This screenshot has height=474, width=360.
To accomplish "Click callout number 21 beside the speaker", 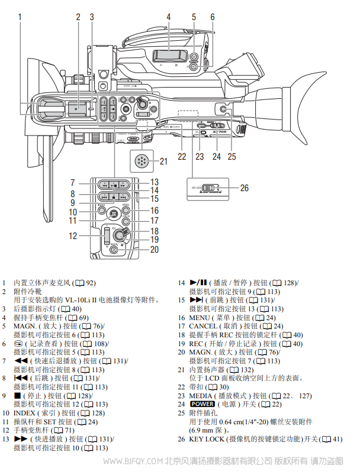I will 163,160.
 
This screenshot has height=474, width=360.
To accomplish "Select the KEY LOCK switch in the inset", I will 209,189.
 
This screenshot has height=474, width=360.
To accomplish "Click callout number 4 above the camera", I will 168,17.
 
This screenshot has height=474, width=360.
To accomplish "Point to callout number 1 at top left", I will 20,17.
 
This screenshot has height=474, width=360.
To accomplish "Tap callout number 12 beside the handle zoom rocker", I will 73,236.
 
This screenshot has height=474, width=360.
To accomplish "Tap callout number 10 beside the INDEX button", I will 73,212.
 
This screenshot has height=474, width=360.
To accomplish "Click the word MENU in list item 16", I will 201,318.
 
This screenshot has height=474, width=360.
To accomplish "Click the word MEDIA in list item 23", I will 200,395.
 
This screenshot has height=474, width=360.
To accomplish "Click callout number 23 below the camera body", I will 200,157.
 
